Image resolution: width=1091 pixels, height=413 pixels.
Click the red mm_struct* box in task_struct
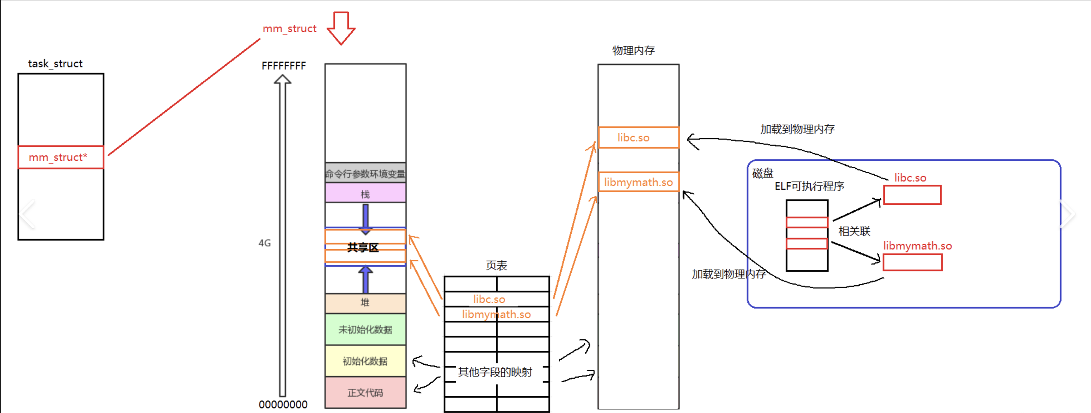60,157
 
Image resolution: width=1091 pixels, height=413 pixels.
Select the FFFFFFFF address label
283,66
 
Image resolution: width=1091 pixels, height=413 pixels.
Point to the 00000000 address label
283,405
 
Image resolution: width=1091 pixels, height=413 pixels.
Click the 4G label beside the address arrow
265,243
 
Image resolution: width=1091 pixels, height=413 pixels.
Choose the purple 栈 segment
365,194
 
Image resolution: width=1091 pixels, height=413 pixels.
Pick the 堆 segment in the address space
365,302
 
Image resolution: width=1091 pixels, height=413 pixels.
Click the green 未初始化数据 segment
365,329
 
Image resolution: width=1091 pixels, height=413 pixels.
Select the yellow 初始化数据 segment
365,361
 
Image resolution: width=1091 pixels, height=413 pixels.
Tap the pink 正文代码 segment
365,392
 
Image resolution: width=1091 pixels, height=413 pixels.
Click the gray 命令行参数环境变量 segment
365,173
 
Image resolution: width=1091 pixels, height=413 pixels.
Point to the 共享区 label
363,247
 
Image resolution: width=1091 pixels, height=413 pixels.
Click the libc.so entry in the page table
489,299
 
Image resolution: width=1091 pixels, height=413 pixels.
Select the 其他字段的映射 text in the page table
495,372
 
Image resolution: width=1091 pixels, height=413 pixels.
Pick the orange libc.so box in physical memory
638,138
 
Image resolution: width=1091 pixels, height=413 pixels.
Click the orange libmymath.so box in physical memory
638,182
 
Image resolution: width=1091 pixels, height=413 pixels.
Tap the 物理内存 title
633,51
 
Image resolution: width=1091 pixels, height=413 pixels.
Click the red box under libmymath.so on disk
912,263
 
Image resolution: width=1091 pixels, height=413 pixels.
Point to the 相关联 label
854,231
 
